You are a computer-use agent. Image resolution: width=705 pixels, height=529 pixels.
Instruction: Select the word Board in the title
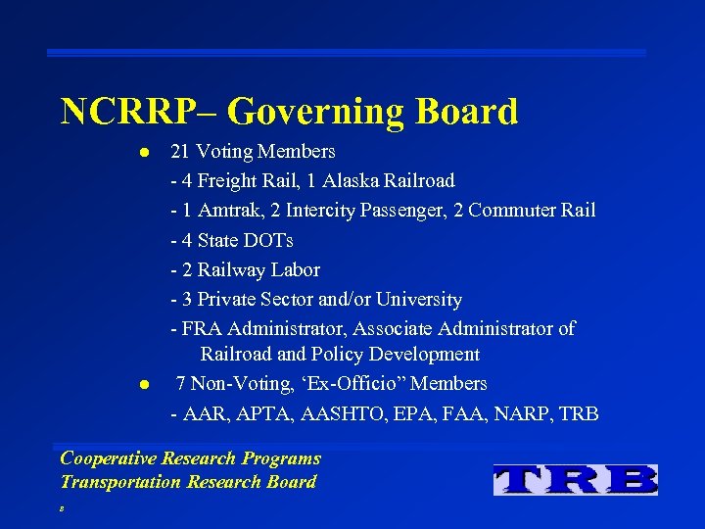click(x=467, y=112)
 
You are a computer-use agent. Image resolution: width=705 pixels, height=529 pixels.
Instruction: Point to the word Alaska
click(x=357, y=181)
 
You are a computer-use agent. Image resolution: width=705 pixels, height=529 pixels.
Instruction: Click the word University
click(x=417, y=299)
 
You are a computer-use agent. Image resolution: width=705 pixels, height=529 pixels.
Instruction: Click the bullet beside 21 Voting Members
click(x=142, y=153)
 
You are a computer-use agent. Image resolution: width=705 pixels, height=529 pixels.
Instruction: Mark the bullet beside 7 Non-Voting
click(x=142, y=384)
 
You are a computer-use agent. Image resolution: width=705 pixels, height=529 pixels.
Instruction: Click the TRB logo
click(x=576, y=479)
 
